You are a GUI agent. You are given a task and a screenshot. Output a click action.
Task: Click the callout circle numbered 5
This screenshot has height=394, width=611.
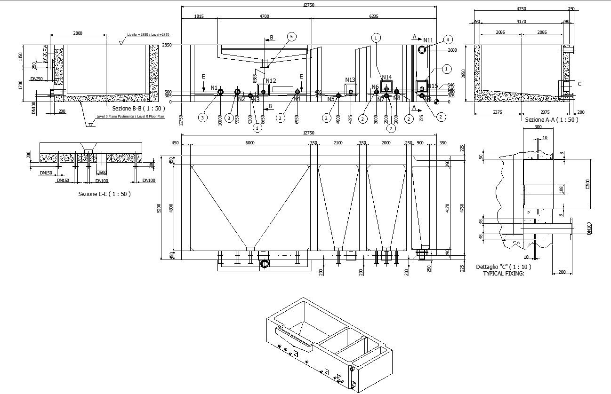[291, 37]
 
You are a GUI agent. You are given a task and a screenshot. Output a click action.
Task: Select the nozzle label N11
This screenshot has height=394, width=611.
[428, 40]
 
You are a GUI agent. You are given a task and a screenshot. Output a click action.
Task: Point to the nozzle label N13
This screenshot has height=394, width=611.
[350, 80]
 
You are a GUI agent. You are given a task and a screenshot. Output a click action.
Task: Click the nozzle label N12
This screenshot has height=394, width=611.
[271, 81]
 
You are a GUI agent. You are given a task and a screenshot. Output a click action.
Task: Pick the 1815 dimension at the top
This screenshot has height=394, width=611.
[199, 16]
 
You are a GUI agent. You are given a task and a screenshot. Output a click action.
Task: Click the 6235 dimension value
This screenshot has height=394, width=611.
[373, 16]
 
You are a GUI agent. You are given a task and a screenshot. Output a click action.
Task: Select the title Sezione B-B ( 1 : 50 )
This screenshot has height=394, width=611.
[138, 108]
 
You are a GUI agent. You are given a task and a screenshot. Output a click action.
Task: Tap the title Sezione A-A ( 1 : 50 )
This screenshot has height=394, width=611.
[551, 120]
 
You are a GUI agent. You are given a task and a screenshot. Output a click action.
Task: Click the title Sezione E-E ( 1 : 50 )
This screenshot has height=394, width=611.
[105, 194]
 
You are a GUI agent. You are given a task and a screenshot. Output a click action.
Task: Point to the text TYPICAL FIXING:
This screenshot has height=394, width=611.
[503, 273]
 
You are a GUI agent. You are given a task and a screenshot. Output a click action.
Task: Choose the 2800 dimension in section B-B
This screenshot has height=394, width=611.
[78, 33]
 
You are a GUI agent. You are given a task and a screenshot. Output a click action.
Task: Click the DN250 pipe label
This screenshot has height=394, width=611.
[36, 79]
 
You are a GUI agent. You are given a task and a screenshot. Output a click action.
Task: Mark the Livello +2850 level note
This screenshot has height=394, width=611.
[148, 35]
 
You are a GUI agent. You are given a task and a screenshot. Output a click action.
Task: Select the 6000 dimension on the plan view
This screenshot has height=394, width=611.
[249, 143]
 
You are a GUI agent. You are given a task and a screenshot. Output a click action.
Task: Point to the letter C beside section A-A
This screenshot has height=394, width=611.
[579, 84]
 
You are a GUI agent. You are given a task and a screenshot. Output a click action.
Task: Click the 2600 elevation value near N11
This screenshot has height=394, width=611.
[452, 50]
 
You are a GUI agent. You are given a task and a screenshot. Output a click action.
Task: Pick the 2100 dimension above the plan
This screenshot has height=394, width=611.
[338, 143]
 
